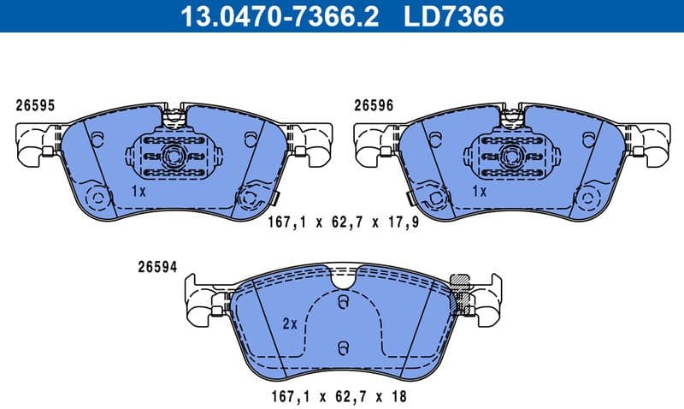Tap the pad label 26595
click(x=35, y=106)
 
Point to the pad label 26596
click(x=374, y=106)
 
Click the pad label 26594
click(x=156, y=266)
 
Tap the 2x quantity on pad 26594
click(x=289, y=324)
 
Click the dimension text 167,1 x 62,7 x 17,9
click(x=333, y=223)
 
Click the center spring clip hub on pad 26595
click(x=175, y=157)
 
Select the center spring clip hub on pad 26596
click(x=513, y=157)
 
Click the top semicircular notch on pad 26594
click(x=343, y=277)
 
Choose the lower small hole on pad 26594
click(x=342, y=347)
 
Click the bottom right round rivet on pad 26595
click(x=250, y=197)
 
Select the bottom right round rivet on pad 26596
click(x=588, y=198)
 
